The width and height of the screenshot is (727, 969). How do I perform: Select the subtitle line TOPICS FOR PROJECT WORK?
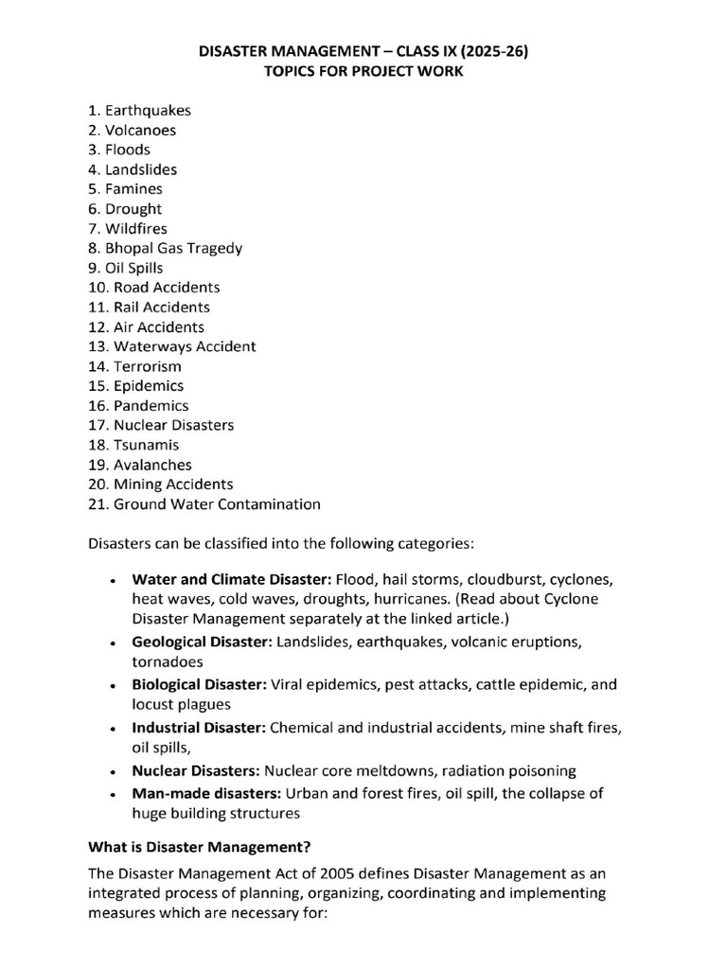[363, 71]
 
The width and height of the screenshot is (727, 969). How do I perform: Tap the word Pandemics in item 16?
[151, 405]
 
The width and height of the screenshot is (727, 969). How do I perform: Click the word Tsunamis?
[147, 445]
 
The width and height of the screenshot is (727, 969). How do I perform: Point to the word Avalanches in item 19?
[152, 465]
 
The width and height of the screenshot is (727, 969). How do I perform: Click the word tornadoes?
[168, 662]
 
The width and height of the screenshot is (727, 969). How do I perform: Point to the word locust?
[154, 704]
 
